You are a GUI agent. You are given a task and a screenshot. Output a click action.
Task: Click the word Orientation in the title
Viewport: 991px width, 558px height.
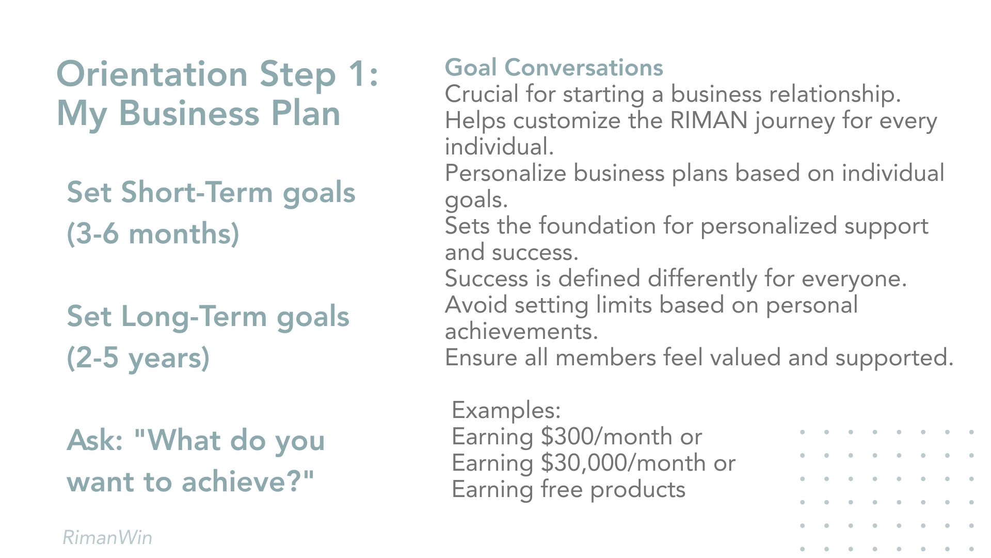click(x=152, y=74)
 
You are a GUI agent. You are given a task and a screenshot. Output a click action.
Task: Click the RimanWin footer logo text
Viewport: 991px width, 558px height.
click(x=107, y=537)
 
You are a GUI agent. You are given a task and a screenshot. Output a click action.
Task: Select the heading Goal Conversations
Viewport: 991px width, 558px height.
click(x=554, y=68)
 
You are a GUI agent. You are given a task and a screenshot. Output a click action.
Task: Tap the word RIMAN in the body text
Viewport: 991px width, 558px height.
click(x=709, y=120)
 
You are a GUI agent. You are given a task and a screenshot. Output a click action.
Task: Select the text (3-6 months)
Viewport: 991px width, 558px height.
click(x=153, y=234)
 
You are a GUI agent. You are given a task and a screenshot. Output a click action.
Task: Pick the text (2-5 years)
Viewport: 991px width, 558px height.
click(x=138, y=358)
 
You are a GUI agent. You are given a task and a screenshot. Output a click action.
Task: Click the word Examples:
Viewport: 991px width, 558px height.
click(x=506, y=410)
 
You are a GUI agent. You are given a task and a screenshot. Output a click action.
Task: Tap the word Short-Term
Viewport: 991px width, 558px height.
click(x=197, y=192)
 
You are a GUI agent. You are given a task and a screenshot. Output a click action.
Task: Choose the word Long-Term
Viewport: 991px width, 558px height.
click(x=194, y=316)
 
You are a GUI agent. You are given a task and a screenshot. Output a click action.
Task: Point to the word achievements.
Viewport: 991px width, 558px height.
click(x=521, y=331)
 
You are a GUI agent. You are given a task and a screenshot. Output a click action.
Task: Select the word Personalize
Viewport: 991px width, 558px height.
click(x=505, y=173)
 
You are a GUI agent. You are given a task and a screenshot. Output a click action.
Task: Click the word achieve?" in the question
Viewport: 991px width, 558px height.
click(x=248, y=482)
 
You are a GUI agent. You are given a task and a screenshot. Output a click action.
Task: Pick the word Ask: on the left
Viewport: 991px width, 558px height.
click(x=94, y=440)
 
